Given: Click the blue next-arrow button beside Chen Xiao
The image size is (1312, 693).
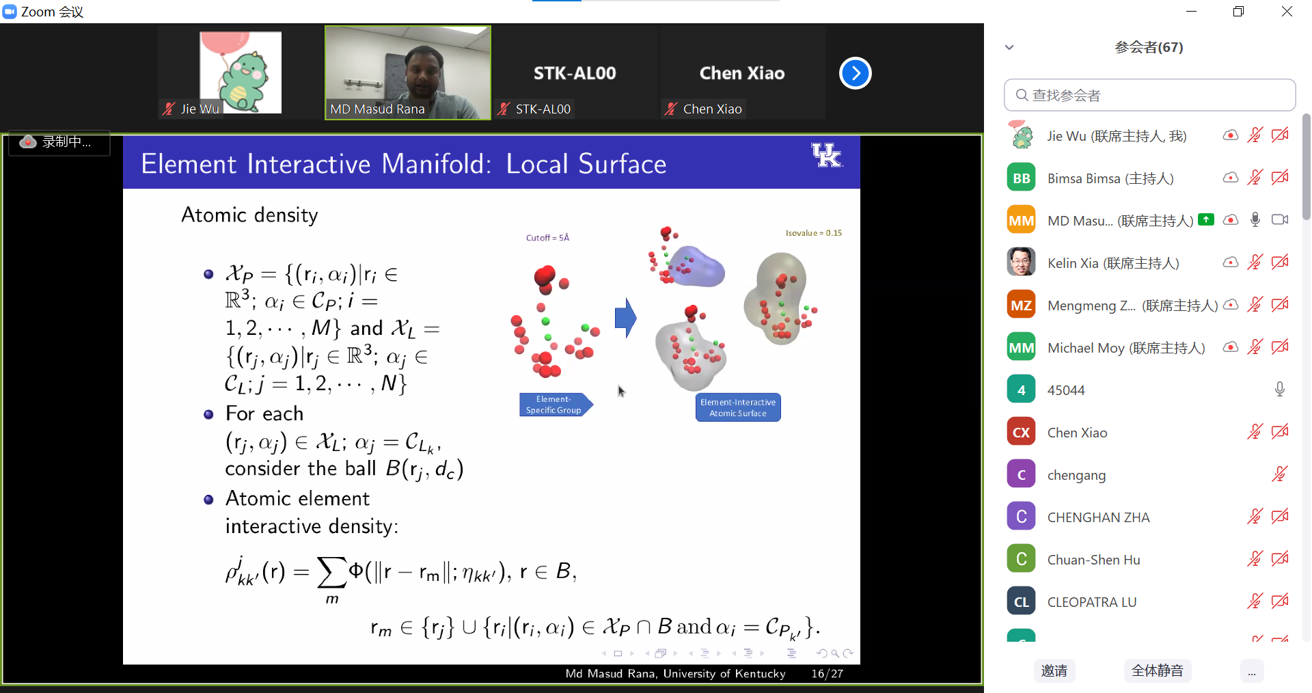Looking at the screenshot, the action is coord(855,73).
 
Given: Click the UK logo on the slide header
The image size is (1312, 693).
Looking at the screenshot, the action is coord(827,155).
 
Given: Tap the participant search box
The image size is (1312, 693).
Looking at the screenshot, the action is coord(1149,95).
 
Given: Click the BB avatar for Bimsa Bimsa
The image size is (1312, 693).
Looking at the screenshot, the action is coord(1021,178).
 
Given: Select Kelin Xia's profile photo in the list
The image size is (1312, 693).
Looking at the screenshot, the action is coord(1021,262).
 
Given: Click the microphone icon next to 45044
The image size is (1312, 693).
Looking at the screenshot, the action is coord(1279,390).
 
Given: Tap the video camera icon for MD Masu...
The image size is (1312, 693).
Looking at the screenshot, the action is coord(1280,219).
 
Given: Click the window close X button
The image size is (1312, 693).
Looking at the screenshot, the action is coord(1287,12).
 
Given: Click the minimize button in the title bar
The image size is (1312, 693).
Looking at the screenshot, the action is coord(1191,12).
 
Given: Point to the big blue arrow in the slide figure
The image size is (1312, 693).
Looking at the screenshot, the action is coord(625,318).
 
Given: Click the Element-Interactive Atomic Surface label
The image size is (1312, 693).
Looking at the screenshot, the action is coord(738,407).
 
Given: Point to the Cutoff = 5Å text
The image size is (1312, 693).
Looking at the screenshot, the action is coord(547,238).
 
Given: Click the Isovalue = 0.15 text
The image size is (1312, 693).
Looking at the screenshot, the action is coord(814,233).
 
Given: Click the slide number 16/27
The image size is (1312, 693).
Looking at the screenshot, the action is coord(827,674).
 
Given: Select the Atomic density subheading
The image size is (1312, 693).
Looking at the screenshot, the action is coord(249,215).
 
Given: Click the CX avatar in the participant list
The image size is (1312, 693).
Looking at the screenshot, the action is coord(1021,432).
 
